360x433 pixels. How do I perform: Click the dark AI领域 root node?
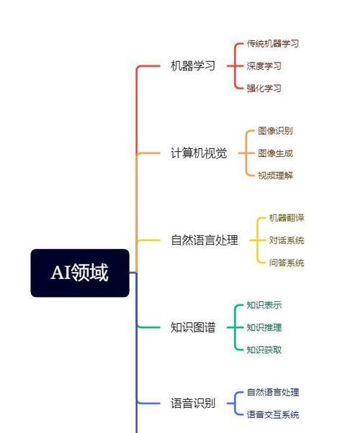tap(80, 273)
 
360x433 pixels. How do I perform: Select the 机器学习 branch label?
tap(193, 65)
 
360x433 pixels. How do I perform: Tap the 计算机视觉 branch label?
tap(199, 153)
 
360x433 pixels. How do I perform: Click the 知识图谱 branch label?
tap(193, 327)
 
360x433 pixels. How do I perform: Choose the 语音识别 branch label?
tap(193, 404)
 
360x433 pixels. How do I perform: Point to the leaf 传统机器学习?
tap(273, 43)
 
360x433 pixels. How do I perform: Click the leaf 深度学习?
tap(264, 65)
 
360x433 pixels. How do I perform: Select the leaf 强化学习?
tap(264, 88)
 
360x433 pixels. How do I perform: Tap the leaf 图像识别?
tap(275, 131)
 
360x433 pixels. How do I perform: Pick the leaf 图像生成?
tap(275, 153)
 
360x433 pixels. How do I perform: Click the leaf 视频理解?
tap(275, 176)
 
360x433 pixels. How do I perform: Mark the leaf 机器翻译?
tap(287, 218)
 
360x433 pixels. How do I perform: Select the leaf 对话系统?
tap(287, 240)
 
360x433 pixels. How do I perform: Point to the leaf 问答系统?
tap(287, 263)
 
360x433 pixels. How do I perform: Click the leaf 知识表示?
tap(264, 305)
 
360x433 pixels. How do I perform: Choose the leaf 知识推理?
tap(264, 327)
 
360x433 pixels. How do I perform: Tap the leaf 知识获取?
tap(264, 350)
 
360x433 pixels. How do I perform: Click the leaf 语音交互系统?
tap(273, 414)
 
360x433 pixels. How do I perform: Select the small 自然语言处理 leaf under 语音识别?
tap(273, 392)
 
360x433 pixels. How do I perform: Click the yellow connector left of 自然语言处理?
tap(148, 240)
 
